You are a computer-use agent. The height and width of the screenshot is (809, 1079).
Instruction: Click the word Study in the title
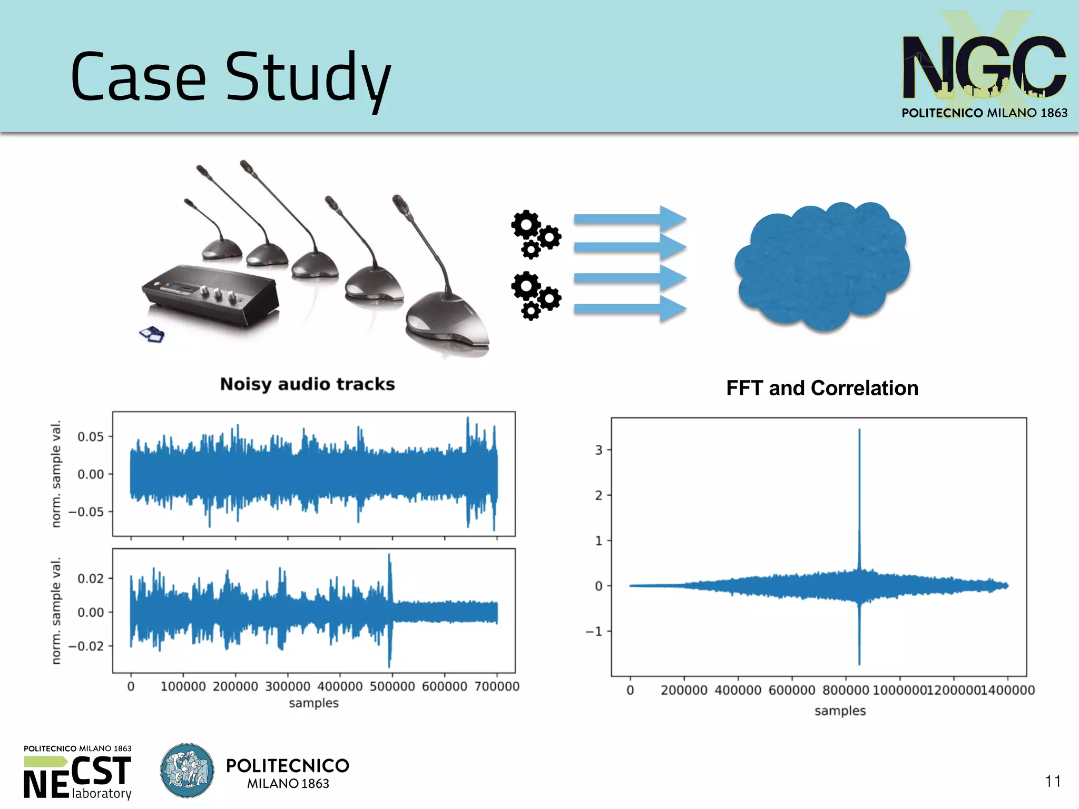pyautogui.click(x=308, y=78)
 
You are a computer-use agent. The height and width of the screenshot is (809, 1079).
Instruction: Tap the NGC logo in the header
pyautogui.click(x=984, y=67)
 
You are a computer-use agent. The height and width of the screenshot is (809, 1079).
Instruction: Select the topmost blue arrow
pyautogui.click(x=630, y=218)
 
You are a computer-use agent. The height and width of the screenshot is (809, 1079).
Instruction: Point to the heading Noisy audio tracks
pyautogui.click(x=307, y=384)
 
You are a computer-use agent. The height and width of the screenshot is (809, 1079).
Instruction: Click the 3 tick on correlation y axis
pyautogui.click(x=599, y=450)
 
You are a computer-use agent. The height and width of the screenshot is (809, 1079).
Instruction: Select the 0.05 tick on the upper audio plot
pyautogui.click(x=91, y=437)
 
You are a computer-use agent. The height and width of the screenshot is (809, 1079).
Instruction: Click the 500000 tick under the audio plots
pyautogui.click(x=392, y=686)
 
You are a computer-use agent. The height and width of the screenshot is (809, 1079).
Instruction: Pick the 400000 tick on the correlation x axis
pyautogui.click(x=738, y=690)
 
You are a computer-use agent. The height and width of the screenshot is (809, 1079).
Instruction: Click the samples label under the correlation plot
pyautogui.click(x=840, y=711)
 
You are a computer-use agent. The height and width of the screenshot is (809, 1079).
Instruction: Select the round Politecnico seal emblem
pyautogui.click(x=187, y=771)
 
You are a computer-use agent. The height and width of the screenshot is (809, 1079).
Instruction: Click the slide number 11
pyautogui.click(x=1053, y=781)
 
